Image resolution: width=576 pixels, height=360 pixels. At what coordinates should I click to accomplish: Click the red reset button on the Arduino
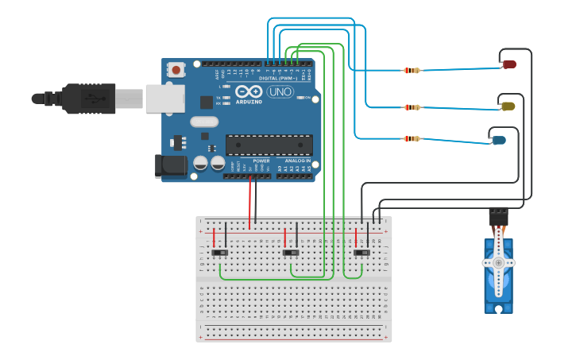coord(176,70)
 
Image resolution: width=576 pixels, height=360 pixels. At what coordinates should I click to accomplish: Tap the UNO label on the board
coord(279,92)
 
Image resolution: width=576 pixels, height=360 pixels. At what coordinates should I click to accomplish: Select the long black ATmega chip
coord(269,145)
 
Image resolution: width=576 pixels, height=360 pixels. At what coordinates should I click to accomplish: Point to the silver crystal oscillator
coord(203,122)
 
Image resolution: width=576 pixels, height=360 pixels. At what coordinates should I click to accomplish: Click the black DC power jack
coord(170,165)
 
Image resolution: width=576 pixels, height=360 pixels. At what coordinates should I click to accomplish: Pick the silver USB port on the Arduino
coord(165,99)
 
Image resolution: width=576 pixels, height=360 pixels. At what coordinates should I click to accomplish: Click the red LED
coord(509,64)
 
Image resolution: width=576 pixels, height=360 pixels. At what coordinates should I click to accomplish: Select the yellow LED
coord(508,106)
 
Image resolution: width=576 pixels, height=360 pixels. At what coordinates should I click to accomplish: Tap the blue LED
coord(499,141)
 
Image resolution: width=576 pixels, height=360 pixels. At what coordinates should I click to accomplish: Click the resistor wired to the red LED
coord(412,71)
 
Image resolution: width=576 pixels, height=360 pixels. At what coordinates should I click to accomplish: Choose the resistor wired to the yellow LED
coord(412,106)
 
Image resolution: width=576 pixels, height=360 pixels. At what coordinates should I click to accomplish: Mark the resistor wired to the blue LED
coord(412,138)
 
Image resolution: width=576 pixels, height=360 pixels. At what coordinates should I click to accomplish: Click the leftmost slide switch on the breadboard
coord(220,252)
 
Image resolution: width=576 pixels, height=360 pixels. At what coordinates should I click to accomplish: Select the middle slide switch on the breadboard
coord(291,252)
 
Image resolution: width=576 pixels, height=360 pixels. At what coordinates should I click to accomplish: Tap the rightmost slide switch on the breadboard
coord(361,252)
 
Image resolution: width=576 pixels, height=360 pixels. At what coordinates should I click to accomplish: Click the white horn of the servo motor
coord(498,262)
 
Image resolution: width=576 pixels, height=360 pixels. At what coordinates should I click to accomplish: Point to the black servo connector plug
coord(498,215)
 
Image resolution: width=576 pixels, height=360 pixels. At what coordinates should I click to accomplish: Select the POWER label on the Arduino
coord(261,160)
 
